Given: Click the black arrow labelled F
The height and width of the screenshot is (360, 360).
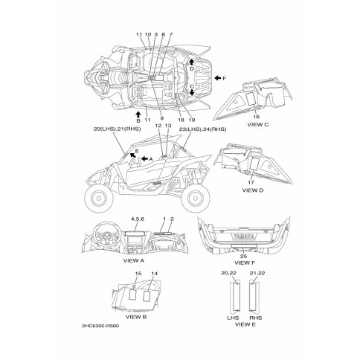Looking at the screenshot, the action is (218, 78).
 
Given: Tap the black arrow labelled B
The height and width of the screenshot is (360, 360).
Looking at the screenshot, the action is (138, 115).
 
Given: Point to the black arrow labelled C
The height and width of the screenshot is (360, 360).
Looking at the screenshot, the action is (192, 92).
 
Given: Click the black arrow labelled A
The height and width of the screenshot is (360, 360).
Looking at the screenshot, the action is (144, 158).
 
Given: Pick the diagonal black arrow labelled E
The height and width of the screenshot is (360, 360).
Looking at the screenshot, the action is (132, 155).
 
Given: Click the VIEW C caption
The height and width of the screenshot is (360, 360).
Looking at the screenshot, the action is (258, 125).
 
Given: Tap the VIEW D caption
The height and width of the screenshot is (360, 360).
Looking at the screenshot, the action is (253, 190).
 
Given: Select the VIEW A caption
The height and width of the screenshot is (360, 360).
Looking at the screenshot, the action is (134, 260).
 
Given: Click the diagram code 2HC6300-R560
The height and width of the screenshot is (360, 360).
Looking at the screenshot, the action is (100, 326).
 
